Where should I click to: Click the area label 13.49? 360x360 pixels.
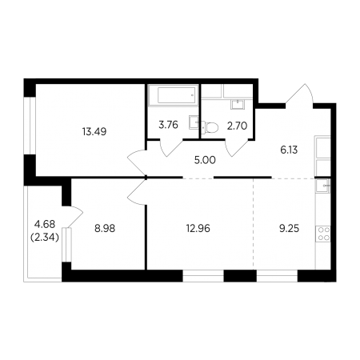(94, 131)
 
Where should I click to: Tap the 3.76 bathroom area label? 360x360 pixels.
(168, 125)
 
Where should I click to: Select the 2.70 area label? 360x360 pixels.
(237, 126)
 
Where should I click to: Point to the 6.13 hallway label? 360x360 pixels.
(289, 150)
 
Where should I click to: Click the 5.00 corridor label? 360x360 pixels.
(205, 160)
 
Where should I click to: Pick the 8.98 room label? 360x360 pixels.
(105, 229)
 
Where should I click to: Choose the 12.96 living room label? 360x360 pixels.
(198, 229)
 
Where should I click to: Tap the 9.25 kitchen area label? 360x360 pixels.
(289, 229)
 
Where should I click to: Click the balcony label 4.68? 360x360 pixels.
(45, 224)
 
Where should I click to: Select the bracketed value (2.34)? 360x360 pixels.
(45, 237)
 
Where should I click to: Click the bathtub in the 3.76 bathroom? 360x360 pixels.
(173, 95)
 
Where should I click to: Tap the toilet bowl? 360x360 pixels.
(210, 127)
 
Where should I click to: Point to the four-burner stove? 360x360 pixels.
(323, 234)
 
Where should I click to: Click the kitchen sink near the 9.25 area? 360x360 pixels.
(323, 186)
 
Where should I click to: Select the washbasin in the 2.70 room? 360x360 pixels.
(238, 104)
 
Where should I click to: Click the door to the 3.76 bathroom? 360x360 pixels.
(171, 147)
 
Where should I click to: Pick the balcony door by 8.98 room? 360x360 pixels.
(74, 216)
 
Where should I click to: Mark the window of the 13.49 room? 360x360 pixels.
(30, 126)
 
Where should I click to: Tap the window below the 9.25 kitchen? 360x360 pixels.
(277, 276)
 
